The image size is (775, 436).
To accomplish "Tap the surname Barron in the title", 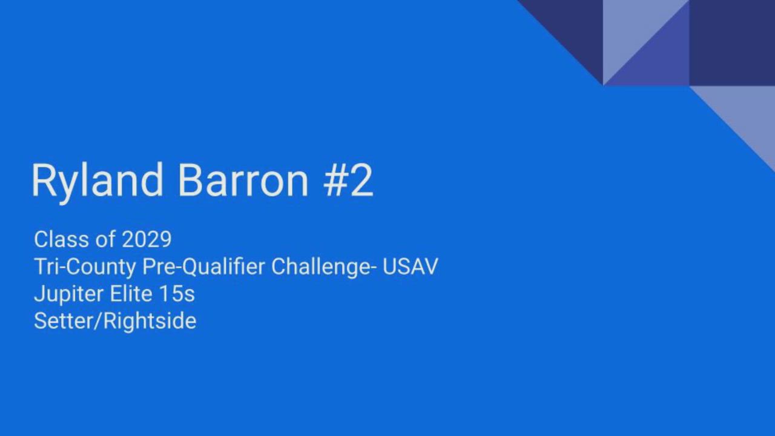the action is pos(243,180).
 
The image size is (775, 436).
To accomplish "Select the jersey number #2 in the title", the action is pos(348,180).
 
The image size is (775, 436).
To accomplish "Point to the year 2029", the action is pos(147,239).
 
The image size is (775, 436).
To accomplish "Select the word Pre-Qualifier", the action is pos(204,267).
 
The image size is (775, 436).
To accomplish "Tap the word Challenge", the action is pos(321,267).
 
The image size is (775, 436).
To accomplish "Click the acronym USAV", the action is pos(410,266).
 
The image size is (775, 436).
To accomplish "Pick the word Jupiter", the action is pos(68,295).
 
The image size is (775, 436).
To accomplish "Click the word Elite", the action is pos(131,294).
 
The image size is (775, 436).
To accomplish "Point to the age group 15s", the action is pos(177,294).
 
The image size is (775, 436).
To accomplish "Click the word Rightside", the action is pos(150,322).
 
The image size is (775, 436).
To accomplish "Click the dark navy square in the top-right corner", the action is pos(732,42).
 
